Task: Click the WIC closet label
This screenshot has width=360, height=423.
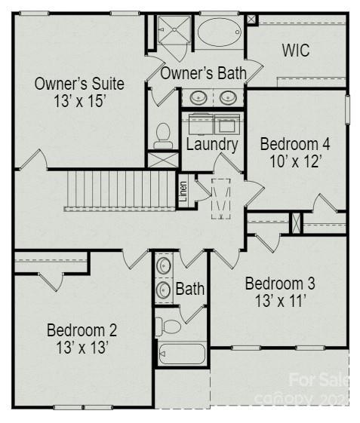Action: click(296, 51)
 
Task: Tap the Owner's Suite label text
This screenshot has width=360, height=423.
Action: click(79, 83)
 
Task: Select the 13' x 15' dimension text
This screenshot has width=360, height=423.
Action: click(79, 100)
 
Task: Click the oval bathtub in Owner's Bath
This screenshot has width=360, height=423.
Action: click(220, 32)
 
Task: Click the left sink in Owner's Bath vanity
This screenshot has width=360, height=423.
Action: click(198, 97)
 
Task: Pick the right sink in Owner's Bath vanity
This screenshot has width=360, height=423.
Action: click(227, 97)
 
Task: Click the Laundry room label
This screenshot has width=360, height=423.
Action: click(212, 144)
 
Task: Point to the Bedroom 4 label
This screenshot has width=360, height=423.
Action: click(295, 143)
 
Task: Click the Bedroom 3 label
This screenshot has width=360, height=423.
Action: click(280, 284)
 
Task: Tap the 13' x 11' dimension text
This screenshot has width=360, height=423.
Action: click(280, 302)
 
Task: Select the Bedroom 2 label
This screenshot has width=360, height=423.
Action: click(82, 330)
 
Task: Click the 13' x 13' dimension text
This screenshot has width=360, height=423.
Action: click(82, 348)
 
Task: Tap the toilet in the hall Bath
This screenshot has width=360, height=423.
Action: click(169, 326)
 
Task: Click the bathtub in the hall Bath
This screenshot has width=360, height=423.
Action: click(182, 353)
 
